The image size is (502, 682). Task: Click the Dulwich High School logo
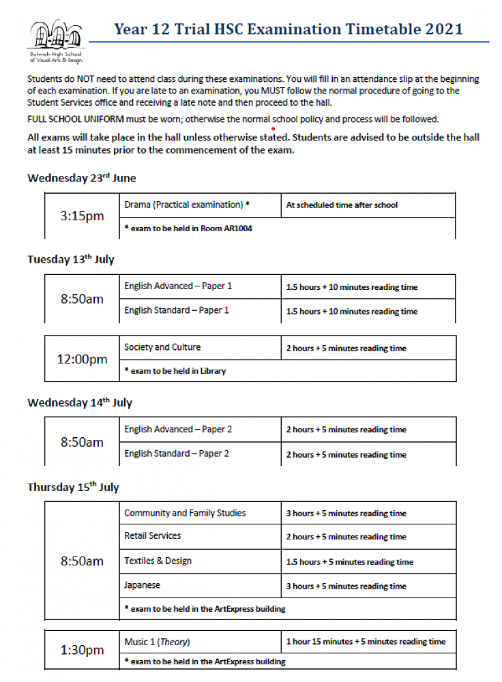point(55,41)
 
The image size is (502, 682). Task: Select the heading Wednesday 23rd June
point(82,178)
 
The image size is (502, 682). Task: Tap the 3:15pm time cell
point(82,216)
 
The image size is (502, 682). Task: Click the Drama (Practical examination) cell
point(187,205)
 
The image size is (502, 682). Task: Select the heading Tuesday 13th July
point(71,259)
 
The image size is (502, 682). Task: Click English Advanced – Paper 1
point(178,286)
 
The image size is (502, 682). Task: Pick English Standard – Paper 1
point(177,310)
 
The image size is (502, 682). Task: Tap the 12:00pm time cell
point(82,359)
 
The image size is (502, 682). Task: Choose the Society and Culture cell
point(162,347)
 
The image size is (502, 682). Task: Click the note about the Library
point(175,371)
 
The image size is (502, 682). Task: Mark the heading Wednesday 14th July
point(80,402)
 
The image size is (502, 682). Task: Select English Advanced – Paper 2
point(178,430)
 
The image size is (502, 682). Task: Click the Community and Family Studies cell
point(185,513)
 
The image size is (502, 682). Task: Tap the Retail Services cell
point(153,536)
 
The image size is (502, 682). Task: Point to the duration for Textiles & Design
point(350,562)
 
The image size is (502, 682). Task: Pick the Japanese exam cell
point(143,585)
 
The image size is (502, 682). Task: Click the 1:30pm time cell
point(82,650)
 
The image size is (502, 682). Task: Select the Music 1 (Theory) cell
point(157,642)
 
